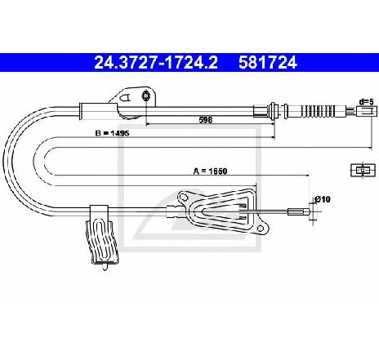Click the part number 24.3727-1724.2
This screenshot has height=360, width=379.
pos(156,63)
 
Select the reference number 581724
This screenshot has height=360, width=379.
pos(268,63)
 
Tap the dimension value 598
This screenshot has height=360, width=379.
pos(206,120)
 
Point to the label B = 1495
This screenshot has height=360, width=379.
pos(112,133)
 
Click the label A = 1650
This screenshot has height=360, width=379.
pos(210,171)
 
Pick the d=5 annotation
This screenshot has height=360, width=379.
pos(367,102)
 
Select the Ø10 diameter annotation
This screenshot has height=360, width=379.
pos(322,199)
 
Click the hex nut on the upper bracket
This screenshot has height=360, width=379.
pos(146,96)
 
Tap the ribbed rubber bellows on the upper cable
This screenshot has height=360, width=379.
pos(318,111)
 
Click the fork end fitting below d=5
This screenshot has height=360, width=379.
pos(367,111)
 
